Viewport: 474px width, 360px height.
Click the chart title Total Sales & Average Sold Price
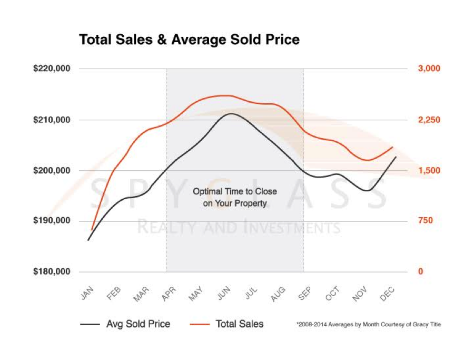(189, 40)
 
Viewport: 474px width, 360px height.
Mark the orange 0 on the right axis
(420, 272)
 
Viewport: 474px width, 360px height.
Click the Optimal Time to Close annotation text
(235, 197)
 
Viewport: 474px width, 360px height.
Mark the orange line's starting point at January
(92, 230)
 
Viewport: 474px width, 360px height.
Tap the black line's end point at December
(396, 157)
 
